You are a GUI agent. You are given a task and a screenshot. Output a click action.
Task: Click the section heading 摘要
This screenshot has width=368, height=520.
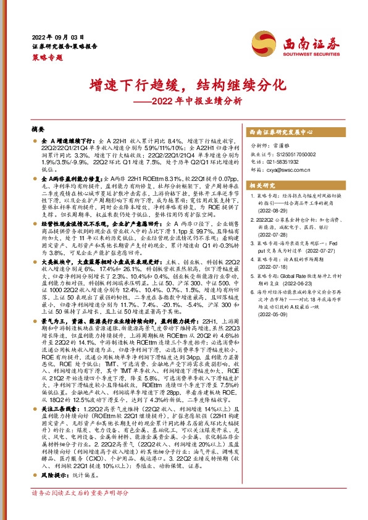tap(38, 130)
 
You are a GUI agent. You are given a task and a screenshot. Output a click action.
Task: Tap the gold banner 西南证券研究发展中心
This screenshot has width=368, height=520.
tap(282, 132)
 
